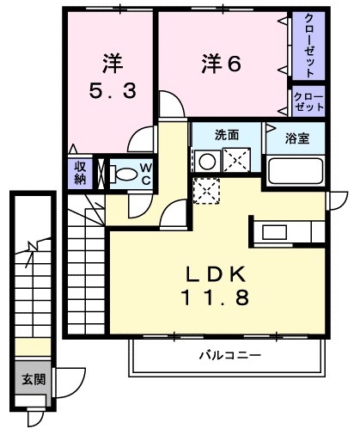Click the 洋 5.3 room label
click(113, 77)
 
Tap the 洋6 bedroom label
click(221, 64)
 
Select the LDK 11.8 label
click(216, 285)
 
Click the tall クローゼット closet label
click(308, 46)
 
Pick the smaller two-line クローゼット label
click(308, 101)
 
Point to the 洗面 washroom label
click(227, 135)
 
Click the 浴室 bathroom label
click(297, 138)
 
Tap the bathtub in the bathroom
click(296, 171)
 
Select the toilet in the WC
click(123, 175)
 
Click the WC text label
click(146, 174)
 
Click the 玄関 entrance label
click(34, 380)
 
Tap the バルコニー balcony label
click(230, 356)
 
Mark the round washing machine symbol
click(207, 162)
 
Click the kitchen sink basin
click(274, 232)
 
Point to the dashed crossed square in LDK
click(206, 191)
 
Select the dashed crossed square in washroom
click(236, 160)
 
